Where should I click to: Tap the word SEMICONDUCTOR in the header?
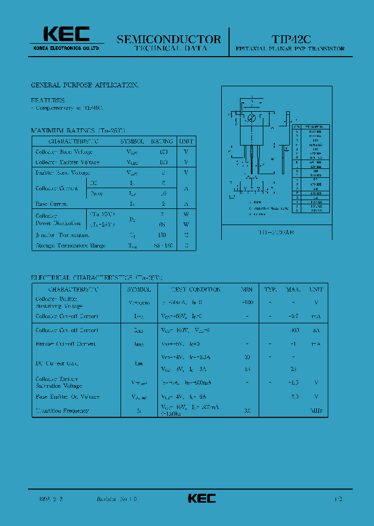[x=169, y=40]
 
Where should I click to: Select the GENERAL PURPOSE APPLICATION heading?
[x=85, y=85]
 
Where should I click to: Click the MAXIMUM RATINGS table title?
[x=78, y=130]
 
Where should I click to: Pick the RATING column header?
[x=162, y=141]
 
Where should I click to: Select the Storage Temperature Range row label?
[x=71, y=245]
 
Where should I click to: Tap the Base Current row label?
[x=52, y=204]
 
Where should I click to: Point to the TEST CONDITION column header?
[x=189, y=290]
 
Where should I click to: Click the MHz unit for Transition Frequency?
[x=316, y=411]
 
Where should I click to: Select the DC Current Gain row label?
[x=57, y=363]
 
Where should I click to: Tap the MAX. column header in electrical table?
[x=293, y=290]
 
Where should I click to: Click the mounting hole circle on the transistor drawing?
[x=251, y=117]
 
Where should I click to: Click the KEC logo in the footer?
[x=202, y=498]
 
